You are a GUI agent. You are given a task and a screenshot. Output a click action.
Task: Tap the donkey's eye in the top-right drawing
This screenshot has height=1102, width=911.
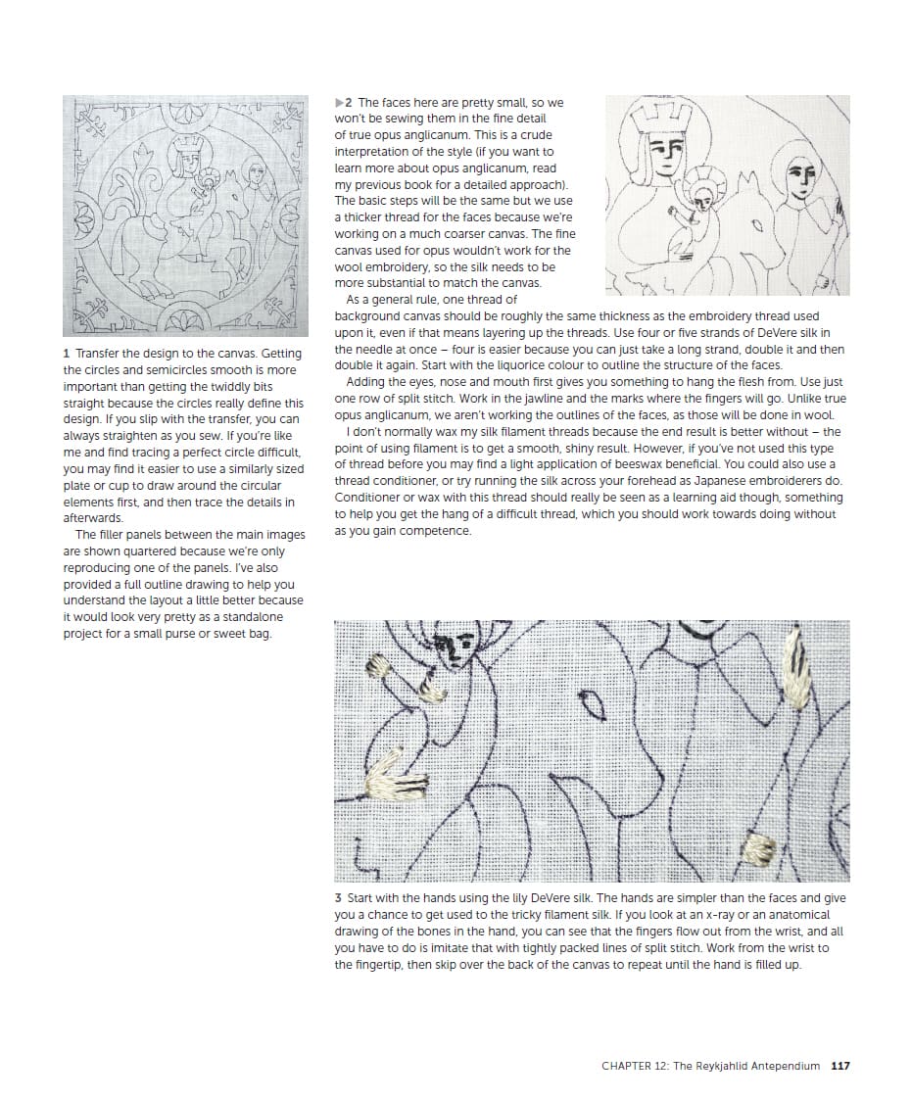coord(757,224)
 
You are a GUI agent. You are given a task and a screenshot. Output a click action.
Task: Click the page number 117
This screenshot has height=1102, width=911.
coord(839,1066)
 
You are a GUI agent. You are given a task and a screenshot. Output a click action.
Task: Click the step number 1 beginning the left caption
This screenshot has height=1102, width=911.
coord(66,354)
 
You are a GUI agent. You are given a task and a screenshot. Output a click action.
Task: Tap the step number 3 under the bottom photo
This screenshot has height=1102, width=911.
coord(338,898)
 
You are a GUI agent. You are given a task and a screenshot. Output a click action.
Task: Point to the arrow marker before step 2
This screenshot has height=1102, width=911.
coord(339,102)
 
